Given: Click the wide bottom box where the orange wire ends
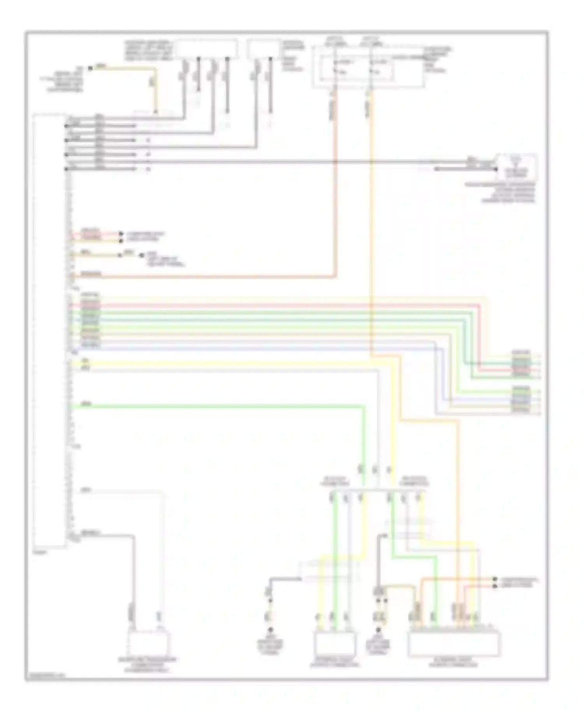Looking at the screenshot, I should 454,645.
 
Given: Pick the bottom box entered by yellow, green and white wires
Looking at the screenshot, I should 335,645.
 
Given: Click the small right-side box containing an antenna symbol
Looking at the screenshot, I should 516,166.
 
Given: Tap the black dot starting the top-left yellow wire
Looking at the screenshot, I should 90,68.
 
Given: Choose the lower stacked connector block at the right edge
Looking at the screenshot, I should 521,399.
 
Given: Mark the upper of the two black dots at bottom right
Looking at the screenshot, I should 495,579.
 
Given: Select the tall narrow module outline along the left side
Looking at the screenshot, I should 49,331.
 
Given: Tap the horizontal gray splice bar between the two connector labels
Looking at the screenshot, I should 376,490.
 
